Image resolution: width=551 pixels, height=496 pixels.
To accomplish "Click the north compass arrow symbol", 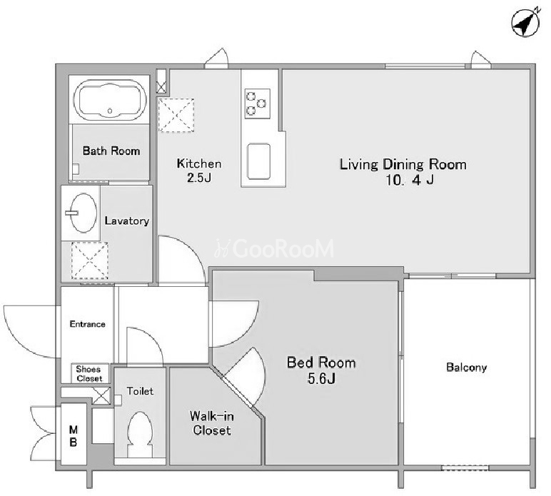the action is (525, 23).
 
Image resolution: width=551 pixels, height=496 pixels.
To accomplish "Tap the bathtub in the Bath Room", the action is (110, 100).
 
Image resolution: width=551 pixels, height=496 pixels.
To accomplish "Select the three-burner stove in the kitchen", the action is (257, 103).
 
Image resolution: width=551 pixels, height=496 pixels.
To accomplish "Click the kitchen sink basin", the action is (258, 161).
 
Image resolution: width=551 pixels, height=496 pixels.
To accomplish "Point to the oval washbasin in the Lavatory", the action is (84, 213).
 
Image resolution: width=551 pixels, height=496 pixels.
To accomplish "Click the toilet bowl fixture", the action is (140, 434).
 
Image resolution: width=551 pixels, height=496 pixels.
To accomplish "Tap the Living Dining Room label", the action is (403, 164).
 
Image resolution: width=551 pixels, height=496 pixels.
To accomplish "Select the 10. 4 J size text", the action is (410, 181).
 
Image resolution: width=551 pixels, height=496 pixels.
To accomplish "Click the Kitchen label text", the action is (199, 163).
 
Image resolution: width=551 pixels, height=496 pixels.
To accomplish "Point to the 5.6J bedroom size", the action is (321, 378).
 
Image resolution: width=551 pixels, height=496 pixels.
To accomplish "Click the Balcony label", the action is (466, 368).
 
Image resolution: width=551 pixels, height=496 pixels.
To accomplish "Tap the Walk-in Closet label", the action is (211, 423).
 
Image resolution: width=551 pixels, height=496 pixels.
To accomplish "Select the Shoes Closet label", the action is (89, 374).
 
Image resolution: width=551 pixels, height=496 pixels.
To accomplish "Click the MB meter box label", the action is (74, 435).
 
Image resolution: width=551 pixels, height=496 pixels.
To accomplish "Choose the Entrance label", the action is (88, 324).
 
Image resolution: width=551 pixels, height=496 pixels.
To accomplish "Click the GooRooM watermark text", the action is (274, 248).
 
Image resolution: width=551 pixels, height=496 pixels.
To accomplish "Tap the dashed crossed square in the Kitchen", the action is (176, 115).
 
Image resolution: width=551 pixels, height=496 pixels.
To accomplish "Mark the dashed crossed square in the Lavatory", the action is (89, 260).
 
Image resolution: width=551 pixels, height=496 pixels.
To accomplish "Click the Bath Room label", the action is (111, 151).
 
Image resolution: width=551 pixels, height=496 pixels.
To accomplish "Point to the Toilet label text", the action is (140, 391).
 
